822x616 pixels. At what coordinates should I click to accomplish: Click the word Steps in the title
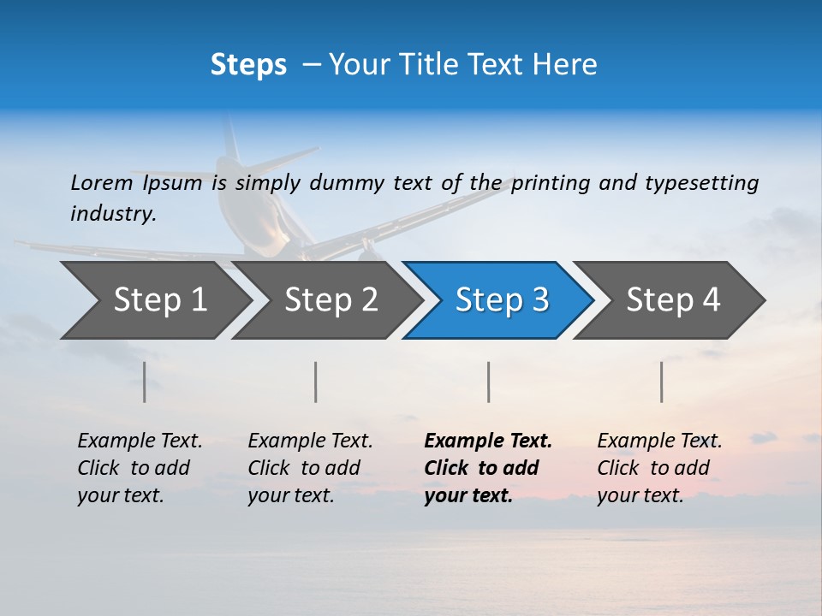tap(248, 65)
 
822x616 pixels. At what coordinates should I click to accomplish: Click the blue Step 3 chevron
tap(502, 299)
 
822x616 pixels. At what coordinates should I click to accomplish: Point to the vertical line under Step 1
tap(145, 382)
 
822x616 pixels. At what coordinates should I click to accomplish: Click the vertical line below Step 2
tap(316, 382)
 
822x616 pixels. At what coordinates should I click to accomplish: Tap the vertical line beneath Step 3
tap(489, 382)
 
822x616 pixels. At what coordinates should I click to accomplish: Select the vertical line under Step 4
tap(662, 382)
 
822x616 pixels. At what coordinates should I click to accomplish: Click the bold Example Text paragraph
tap(487, 468)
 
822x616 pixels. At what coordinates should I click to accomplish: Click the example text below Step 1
tap(140, 468)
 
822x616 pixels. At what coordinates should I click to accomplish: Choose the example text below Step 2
tap(310, 468)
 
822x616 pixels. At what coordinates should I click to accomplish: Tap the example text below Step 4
tap(659, 468)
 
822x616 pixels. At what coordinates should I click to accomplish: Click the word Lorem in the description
tap(101, 182)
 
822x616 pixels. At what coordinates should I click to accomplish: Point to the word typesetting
tap(701, 183)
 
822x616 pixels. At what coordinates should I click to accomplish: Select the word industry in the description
tap(112, 213)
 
